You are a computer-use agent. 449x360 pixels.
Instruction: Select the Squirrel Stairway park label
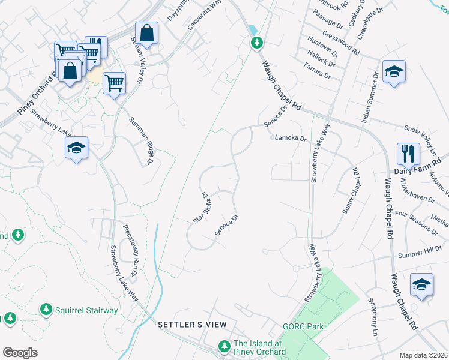pos(86,311)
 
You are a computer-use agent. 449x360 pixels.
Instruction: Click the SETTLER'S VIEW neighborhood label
pos(192,325)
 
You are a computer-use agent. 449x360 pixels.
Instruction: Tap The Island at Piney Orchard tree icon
pos(224,346)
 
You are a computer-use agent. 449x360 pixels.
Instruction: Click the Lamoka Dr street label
pos(291,138)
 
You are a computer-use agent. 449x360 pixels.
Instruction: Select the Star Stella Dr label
pos(200,208)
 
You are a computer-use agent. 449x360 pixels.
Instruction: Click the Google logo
pos(20,353)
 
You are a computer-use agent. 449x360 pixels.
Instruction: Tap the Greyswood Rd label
pos(340,44)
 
